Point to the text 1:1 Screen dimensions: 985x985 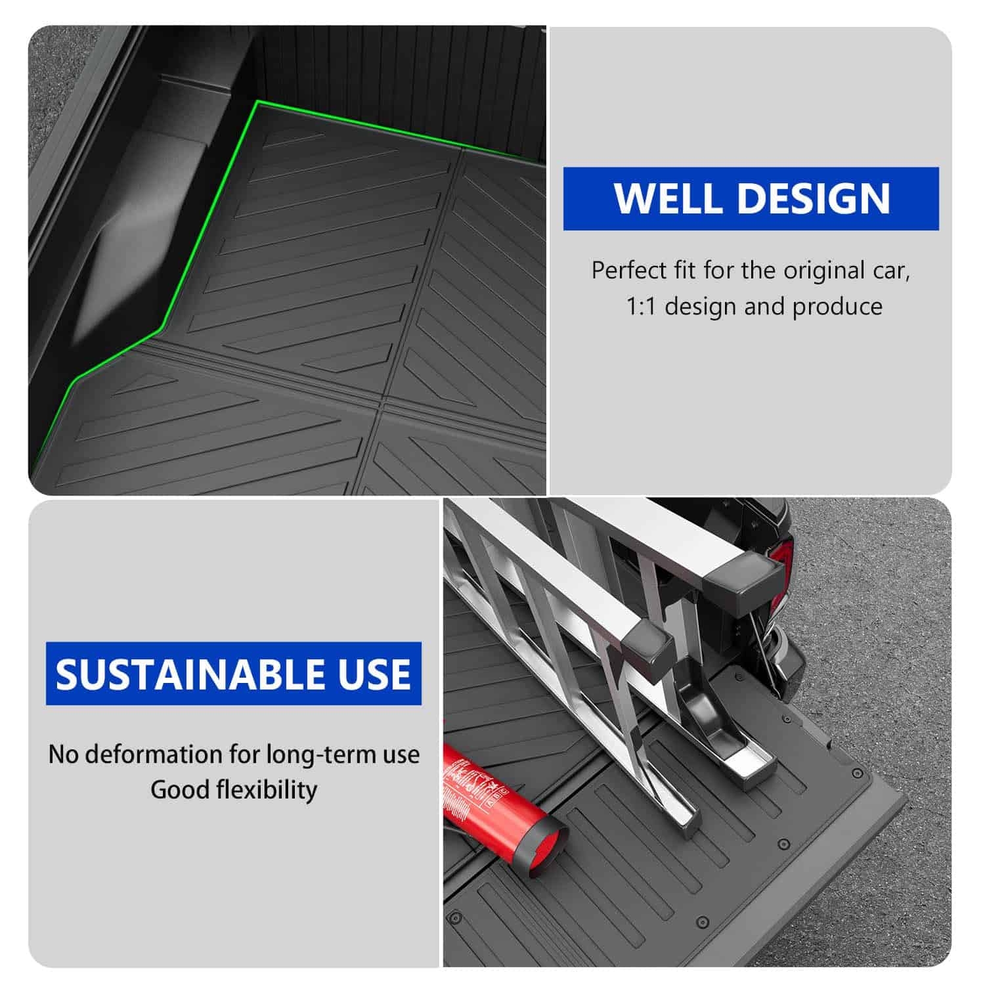[x=641, y=307]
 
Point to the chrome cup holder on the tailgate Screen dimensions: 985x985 [x=729, y=729]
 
